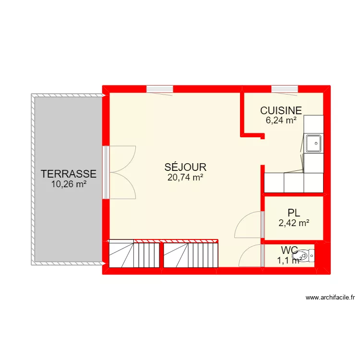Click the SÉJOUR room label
(x=185, y=168)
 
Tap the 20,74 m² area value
(x=185, y=177)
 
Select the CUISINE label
(x=281, y=111)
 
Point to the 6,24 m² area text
(x=281, y=120)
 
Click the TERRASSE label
(x=69, y=174)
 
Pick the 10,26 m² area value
(x=69, y=183)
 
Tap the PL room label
(x=293, y=213)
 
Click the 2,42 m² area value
(x=293, y=222)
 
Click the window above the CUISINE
(x=285, y=89)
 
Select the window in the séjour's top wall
(x=159, y=89)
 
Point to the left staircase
(x=134, y=254)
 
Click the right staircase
(x=191, y=254)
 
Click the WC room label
(x=290, y=250)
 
